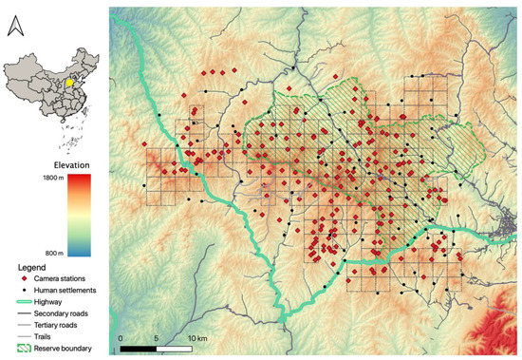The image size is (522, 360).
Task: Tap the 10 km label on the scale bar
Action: pos(198,337)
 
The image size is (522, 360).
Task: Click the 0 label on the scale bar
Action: pos(121,337)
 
